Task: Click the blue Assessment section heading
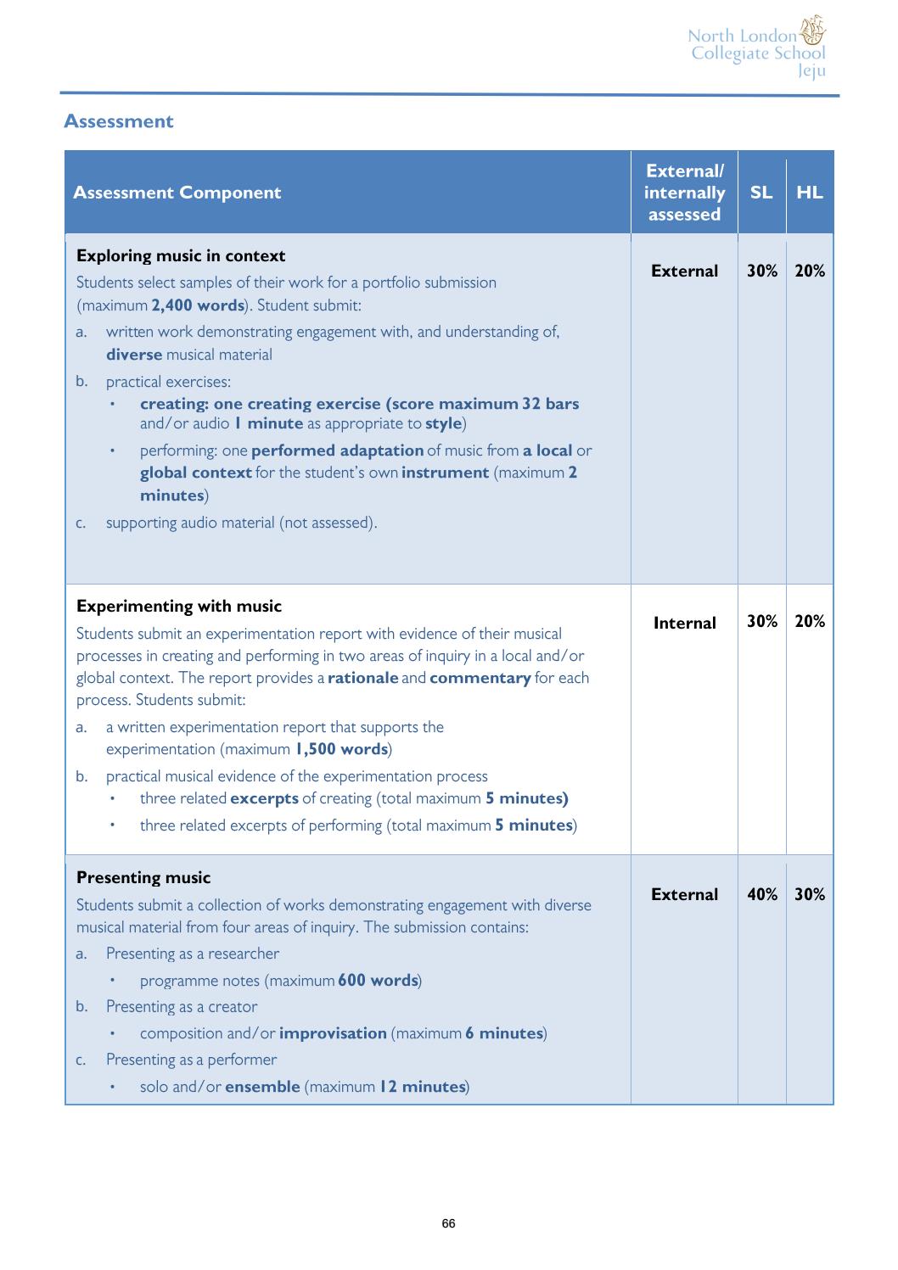pos(118,121)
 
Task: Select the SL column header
pos(761,193)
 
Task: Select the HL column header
pos(809,193)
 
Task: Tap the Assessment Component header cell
pos(177,193)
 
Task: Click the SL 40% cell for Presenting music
pos(761,894)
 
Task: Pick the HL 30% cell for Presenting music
pos(809,894)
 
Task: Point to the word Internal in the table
pos(684,623)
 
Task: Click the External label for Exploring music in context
pos(684,271)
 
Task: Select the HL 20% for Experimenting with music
pos(809,621)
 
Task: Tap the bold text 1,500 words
pos(341,749)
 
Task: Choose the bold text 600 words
pos(378,981)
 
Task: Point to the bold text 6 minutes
pos(503,1033)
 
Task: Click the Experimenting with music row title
pos(179,607)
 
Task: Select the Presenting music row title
pos(143,878)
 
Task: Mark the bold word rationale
pos(362,678)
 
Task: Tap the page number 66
pos(449,1223)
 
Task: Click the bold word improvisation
pos(333,1033)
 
